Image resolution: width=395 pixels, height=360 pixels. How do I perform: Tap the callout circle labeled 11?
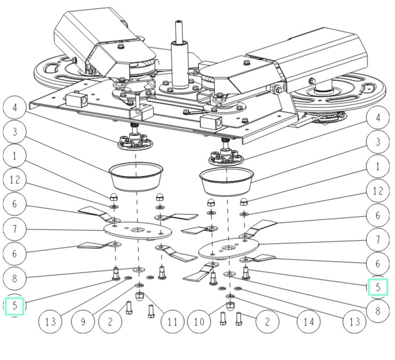(171, 322)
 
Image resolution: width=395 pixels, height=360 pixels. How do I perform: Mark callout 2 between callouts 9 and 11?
(109, 322)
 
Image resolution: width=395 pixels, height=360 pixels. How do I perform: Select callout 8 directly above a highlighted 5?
(15, 277)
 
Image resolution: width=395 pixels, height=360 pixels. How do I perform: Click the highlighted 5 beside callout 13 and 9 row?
(15, 306)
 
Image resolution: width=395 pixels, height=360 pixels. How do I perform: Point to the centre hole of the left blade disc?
(138, 230)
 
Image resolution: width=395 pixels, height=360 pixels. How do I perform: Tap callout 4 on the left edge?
(15, 108)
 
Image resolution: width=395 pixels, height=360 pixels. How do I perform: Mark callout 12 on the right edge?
(378, 190)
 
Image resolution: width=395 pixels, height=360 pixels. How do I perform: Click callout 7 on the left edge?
(15, 229)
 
